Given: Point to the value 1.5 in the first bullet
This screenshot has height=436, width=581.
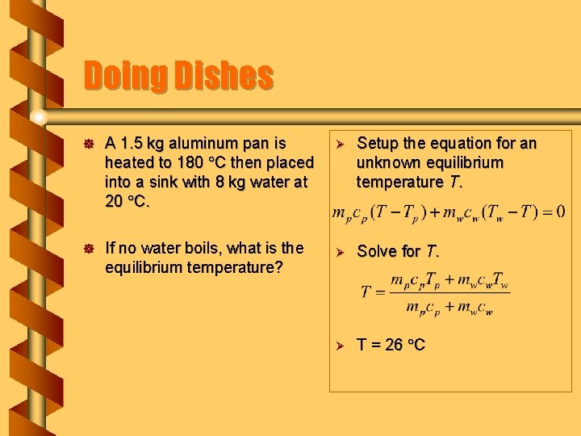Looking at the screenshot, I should (x=133, y=144).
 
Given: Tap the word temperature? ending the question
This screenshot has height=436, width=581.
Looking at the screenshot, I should (x=233, y=266).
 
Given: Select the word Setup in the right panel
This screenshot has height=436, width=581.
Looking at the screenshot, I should (x=378, y=144).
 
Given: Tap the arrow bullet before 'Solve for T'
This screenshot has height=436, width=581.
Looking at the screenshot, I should (x=341, y=252).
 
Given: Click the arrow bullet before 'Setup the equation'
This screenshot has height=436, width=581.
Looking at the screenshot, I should (x=341, y=145).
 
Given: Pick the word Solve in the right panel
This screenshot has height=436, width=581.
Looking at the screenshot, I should (x=377, y=251).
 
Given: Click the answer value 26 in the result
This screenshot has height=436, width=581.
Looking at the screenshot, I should (x=394, y=345).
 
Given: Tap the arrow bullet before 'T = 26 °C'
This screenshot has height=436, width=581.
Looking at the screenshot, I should (x=341, y=346).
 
